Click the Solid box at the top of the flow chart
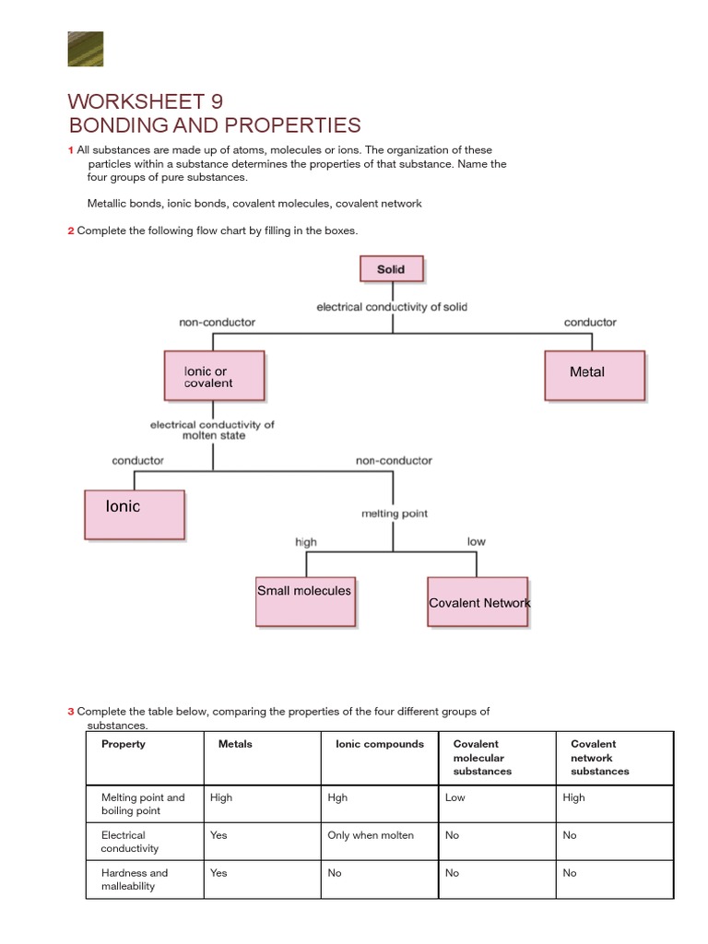(x=391, y=269)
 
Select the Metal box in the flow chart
(x=594, y=374)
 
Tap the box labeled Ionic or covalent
(x=214, y=376)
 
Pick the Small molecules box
(x=305, y=601)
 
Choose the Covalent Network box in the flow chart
(x=478, y=602)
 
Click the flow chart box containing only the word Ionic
(x=135, y=514)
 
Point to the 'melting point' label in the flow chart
(x=394, y=513)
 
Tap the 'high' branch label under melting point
(x=305, y=542)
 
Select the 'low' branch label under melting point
(x=476, y=541)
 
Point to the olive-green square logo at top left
(x=86, y=49)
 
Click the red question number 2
(x=70, y=230)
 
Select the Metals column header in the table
(x=235, y=744)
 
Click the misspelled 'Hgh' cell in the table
(x=337, y=797)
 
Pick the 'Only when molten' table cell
(x=371, y=835)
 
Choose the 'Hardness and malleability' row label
(x=135, y=879)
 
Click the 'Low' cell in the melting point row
(x=454, y=797)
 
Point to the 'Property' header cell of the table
(x=124, y=744)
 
